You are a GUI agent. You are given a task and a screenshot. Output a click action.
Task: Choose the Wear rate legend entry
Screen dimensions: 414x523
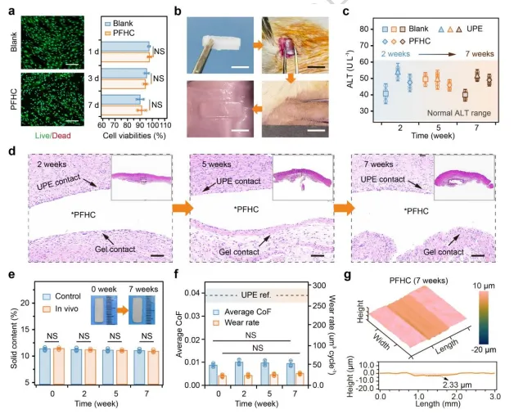pyautogui.click(x=237, y=323)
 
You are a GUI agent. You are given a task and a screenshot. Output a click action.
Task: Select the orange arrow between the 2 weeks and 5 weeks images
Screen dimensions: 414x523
pyautogui.click(x=182, y=210)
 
